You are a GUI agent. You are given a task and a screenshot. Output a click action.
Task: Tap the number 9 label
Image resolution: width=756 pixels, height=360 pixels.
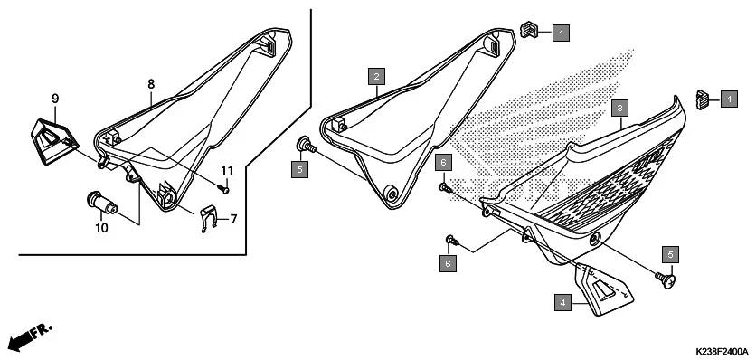tap(54, 98)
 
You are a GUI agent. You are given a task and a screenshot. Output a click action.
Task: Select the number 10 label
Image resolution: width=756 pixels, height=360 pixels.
tap(101, 228)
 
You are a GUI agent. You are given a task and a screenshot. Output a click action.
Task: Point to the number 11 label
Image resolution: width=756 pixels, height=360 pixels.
tap(227, 170)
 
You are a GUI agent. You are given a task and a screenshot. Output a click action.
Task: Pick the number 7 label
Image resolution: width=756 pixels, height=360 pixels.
tap(232, 218)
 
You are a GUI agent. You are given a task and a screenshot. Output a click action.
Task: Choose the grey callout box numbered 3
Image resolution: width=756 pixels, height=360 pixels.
tap(619, 107)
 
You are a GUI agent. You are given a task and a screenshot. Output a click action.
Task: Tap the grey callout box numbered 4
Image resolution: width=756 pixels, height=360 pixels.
tap(562, 304)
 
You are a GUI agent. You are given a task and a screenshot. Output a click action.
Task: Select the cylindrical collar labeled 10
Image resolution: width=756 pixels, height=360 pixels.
tap(101, 202)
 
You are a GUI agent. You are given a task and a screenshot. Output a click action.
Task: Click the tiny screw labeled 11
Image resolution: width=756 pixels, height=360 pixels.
tap(222, 189)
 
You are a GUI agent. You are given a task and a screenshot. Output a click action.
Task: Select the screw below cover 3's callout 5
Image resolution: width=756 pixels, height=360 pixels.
tap(666, 283)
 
